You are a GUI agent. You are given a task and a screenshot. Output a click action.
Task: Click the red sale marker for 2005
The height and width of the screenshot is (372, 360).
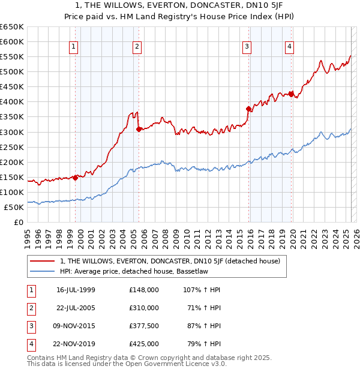click(x=139, y=128)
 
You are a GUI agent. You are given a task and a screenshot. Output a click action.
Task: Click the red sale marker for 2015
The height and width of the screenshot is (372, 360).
click(x=248, y=109)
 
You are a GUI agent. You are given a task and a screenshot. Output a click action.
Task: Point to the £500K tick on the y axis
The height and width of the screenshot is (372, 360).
click(x=12, y=71)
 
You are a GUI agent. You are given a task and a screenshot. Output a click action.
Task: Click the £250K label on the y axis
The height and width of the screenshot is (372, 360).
click(x=12, y=147)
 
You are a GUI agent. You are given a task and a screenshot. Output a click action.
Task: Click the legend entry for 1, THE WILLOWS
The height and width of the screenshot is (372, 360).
click(x=173, y=261)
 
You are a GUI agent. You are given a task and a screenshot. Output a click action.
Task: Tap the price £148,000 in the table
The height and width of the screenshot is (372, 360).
click(x=144, y=290)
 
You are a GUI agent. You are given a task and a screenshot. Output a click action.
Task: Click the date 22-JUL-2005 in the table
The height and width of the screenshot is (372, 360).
click(x=76, y=308)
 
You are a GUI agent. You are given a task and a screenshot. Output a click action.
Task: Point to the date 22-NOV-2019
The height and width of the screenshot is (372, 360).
click(x=76, y=344)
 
